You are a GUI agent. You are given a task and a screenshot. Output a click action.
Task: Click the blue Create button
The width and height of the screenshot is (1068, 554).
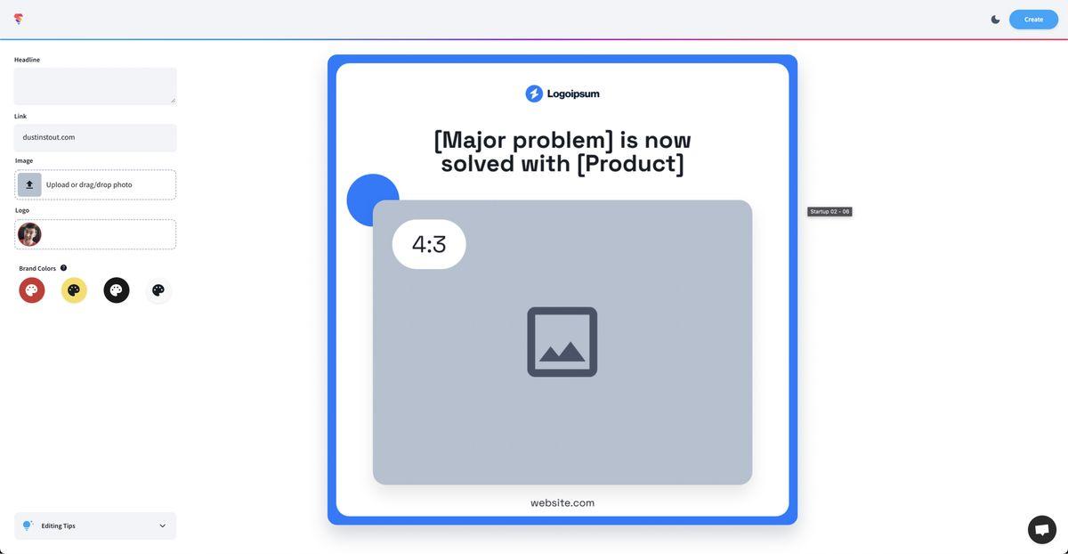(x=1033, y=20)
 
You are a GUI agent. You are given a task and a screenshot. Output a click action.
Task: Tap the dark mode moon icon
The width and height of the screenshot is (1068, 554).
(x=996, y=20)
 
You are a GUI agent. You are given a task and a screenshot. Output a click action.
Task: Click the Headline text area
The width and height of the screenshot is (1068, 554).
(x=95, y=86)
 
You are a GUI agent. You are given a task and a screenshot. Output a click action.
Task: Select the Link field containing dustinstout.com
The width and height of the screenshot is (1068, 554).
(x=95, y=137)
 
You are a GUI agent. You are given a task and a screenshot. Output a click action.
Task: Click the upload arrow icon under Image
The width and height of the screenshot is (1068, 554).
(x=29, y=184)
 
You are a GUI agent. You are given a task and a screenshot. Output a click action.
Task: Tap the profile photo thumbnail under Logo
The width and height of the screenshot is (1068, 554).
(x=29, y=234)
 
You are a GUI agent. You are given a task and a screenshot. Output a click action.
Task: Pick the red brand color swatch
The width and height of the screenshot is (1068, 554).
(x=32, y=290)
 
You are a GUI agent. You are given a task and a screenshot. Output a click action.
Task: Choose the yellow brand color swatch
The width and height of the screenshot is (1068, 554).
(x=74, y=290)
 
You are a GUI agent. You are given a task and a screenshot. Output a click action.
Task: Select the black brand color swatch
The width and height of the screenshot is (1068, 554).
(x=117, y=290)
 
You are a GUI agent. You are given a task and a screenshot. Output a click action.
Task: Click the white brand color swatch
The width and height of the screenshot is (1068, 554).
(x=158, y=290)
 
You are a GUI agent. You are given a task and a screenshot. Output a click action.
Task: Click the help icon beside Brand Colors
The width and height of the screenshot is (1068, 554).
(x=63, y=268)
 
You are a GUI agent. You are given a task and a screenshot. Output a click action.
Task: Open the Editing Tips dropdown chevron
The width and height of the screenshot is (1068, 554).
(x=163, y=525)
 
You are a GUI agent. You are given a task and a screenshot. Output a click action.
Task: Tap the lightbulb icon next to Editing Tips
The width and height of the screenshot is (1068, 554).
(x=28, y=525)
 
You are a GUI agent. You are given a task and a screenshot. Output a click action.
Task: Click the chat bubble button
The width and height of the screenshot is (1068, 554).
(x=1042, y=530)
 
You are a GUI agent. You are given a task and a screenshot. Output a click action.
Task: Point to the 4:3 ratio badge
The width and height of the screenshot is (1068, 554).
(x=429, y=244)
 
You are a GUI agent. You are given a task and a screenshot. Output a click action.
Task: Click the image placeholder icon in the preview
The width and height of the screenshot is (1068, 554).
(x=562, y=342)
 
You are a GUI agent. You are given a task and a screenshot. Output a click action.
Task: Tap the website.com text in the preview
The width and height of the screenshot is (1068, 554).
(x=562, y=503)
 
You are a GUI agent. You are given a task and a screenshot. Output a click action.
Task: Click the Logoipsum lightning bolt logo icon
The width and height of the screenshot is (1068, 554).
(x=534, y=94)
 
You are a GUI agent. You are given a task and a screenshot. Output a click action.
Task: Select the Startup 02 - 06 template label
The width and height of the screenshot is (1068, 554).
(x=829, y=211)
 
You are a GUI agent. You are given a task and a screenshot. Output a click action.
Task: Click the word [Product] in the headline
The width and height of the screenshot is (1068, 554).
(x=630, y=164)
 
